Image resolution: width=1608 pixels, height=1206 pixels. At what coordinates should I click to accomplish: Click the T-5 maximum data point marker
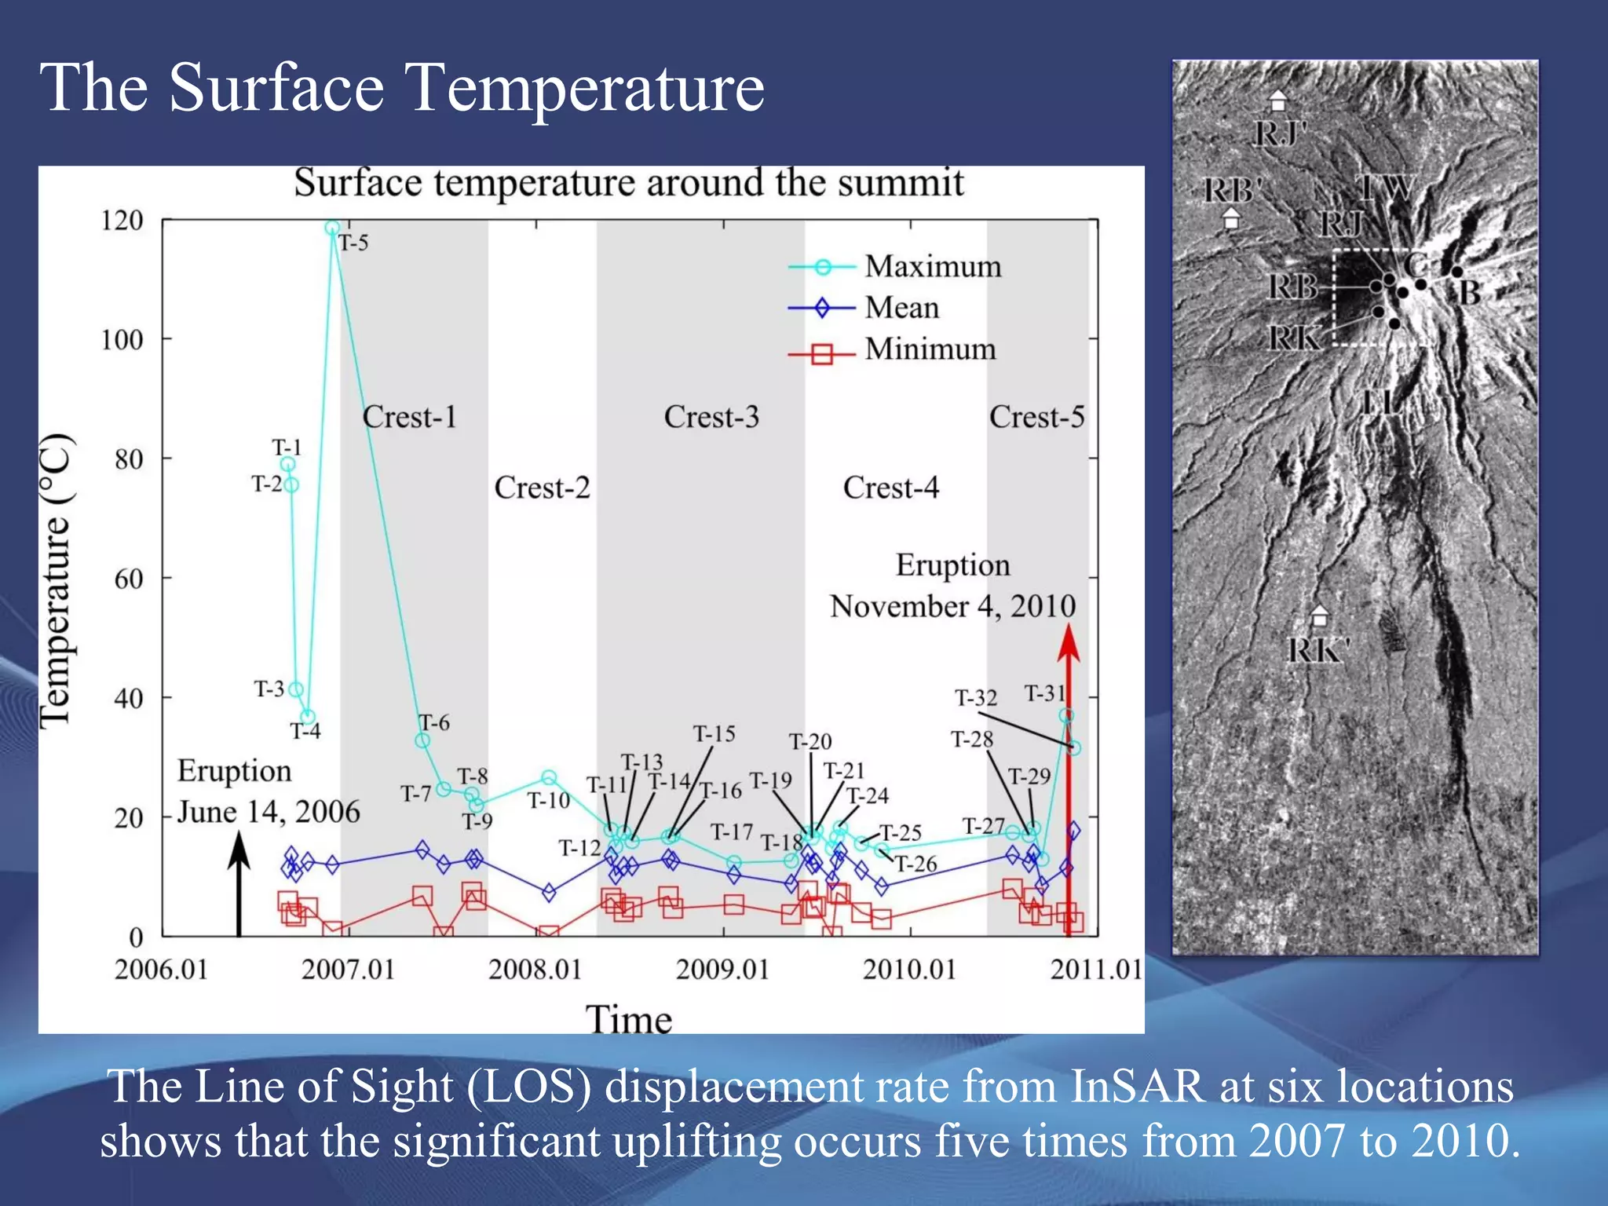point(332,228)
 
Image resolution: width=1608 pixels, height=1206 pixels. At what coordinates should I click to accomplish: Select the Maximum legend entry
point(895,267)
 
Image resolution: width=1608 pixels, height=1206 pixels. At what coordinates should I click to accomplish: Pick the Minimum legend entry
point(893,350)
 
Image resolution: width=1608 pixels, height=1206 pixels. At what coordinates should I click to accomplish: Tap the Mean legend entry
point(864,308)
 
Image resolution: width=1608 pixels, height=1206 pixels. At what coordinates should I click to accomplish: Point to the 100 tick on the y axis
point(122,340)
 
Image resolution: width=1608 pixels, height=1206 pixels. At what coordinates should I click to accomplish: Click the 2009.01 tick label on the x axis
point(722,970)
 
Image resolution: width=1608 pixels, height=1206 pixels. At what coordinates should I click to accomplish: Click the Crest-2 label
point(542,488)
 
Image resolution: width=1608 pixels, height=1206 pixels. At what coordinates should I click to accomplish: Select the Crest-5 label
point(1036,417)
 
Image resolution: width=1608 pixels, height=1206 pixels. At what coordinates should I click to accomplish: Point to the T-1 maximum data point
point(288,464)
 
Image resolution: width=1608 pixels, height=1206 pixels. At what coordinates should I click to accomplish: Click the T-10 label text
point(548,801)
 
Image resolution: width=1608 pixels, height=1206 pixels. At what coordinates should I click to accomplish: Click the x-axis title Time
point(628,1019)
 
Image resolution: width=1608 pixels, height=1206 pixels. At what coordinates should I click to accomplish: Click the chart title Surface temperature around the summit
point(628,183)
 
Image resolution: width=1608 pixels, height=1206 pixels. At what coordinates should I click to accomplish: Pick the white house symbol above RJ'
point(1278,100)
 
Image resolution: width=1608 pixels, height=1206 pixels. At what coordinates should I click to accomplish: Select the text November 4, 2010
point(952,606)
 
